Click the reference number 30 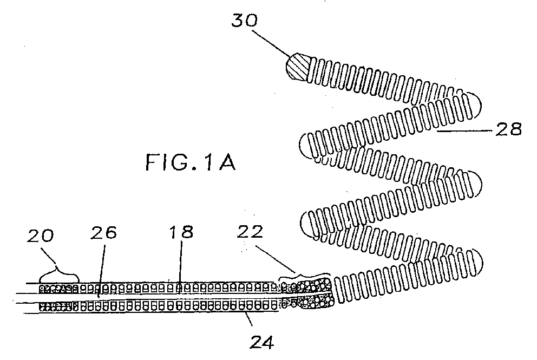[244, 21]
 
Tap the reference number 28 [508, 129]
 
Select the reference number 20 [41, 236]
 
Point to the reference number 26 [104, 232]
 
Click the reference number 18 [181, 232]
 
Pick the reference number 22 [250, 232]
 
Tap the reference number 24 [262, 342]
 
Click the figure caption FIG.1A [191, 162]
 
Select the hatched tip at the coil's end [298, 67]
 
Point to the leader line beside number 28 [465, 130]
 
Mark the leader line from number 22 [276, 259]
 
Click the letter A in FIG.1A [227, 162]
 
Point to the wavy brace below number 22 [305, 276]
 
